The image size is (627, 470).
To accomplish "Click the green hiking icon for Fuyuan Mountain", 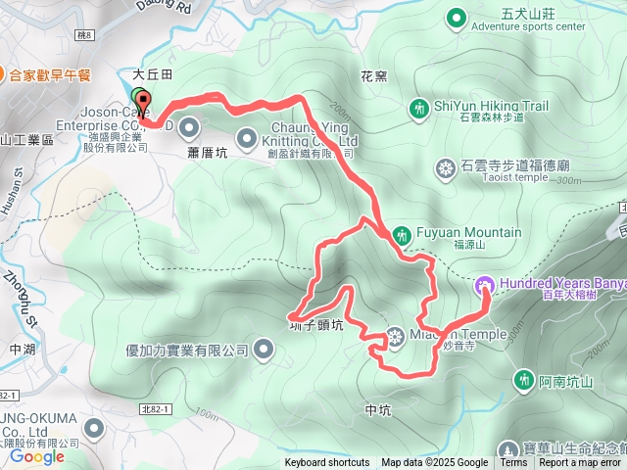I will (x=403, y=235).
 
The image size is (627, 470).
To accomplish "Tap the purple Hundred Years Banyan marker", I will (x=484, y=285).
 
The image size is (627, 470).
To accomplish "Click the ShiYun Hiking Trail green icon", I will (x=420, y=108).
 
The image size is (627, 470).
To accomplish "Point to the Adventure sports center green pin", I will (x=456, y=17).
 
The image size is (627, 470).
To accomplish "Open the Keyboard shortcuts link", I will (x=327, y=463).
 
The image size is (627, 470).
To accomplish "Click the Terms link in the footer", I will (x=513, y=463).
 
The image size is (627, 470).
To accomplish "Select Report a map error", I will (x=581, y=463).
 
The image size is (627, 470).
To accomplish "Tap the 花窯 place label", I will (x=373, y=75).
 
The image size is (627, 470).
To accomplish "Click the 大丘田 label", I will (x=153, y=74).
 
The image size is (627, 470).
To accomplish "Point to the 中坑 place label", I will (x=377, y=410).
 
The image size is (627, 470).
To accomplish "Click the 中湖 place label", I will (x=22, y=348).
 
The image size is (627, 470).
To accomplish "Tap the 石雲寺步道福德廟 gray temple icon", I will (x=446, y=169).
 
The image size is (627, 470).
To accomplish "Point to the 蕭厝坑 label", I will (x=207, y=154).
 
